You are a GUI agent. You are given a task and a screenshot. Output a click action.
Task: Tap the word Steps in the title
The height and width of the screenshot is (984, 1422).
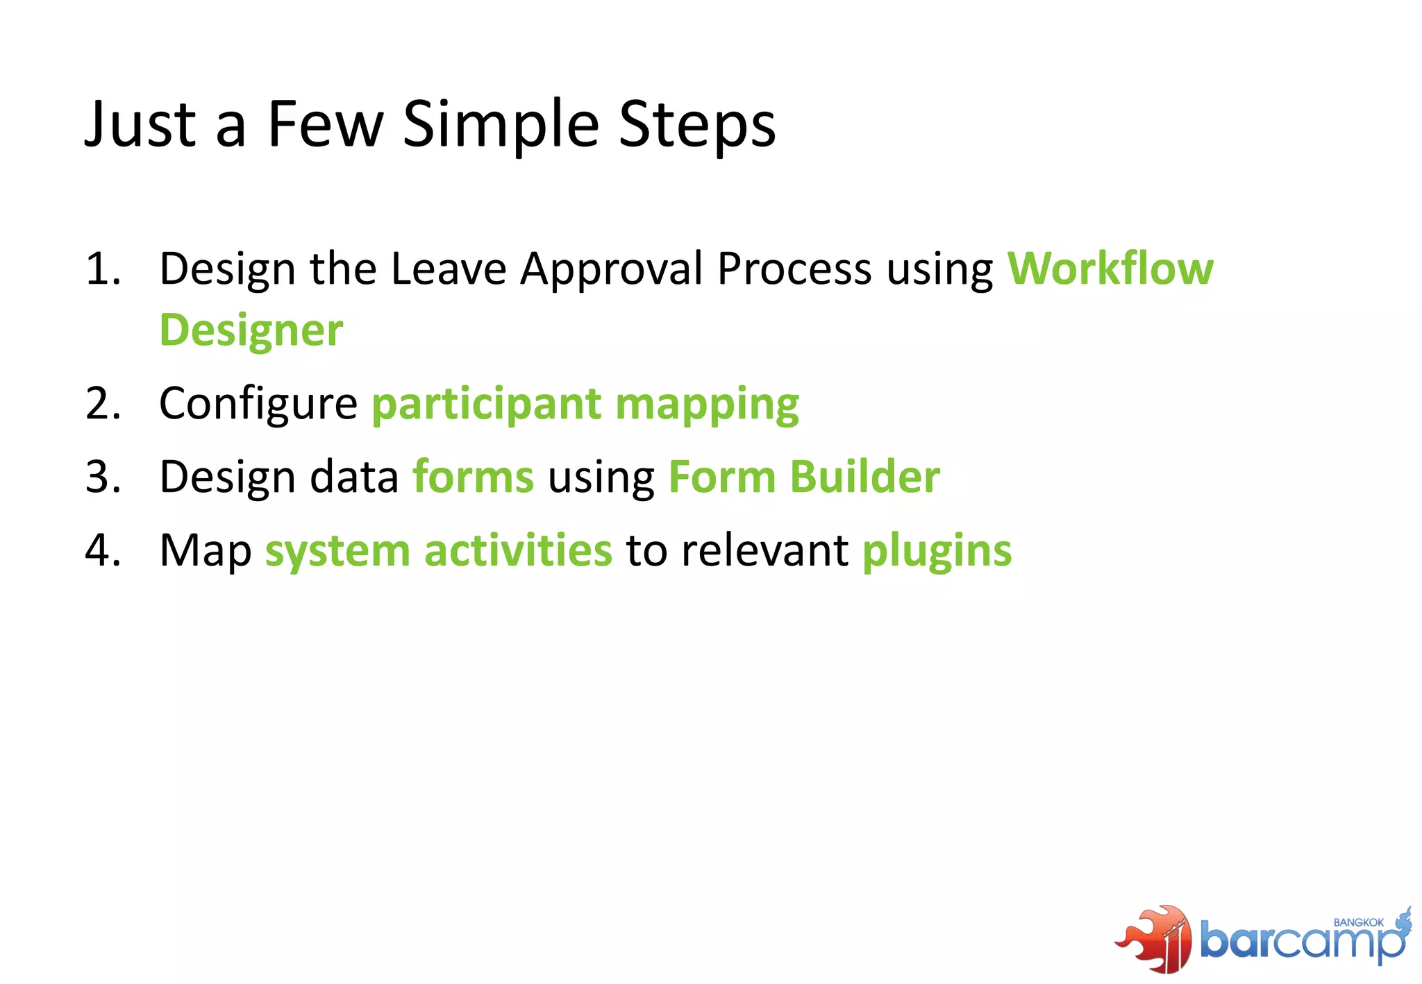tap(696, 125)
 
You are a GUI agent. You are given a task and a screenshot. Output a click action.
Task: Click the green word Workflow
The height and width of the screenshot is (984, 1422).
tap(1110, 269)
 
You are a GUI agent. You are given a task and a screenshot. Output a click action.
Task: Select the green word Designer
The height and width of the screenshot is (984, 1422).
tap(251, 330)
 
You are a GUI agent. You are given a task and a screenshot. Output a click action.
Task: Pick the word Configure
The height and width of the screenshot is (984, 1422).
tap(258, 403)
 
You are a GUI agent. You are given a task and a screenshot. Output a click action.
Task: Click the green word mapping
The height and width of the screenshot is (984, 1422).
tap(707, 405)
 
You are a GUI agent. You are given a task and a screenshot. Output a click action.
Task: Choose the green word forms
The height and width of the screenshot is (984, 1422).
tap(473, 477)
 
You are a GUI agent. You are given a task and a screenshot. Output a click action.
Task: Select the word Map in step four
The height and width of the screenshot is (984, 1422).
tap(205, 552)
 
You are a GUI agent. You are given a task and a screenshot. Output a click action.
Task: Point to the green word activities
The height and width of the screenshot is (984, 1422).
tap(518, 551)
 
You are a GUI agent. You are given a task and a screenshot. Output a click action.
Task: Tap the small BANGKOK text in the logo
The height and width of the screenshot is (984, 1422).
tap(1358, 922)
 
